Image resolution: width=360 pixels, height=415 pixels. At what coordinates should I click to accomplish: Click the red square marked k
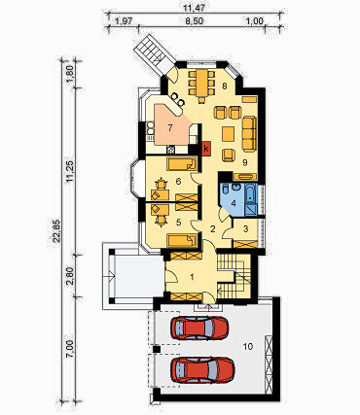pyautogui.click(x=206, y=149)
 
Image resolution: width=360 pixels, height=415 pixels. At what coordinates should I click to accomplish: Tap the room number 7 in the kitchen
pyautogui.click(x=170, y=128)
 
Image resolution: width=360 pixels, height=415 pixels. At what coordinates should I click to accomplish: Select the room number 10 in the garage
pyautogui.click(x=248, y=347)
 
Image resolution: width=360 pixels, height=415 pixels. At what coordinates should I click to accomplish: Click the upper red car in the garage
pyautogui.click(x=199, y=329)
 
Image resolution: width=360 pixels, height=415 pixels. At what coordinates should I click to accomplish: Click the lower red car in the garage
pyautogui.click(x=202, y=370)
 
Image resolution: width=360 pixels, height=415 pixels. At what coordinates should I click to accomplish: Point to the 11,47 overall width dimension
pyautogui.click(x=191, y=8)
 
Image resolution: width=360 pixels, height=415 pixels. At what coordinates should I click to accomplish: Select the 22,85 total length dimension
pyautogui.click(x=57, y=230)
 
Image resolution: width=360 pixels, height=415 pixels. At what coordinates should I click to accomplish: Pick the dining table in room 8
pyautogui.click(x=201, y=83)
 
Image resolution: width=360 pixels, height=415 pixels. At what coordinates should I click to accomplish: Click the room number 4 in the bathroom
pyautogui.click(x=234, y=204)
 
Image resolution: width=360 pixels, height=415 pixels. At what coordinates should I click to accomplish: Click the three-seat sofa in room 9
pyautogui.click(x=249, y=133)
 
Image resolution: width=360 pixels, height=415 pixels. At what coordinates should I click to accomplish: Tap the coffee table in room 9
pyautogui.click(x=229, y=134)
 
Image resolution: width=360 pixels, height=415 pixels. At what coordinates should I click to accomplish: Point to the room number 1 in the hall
pyautogui.click(x=192, y=277)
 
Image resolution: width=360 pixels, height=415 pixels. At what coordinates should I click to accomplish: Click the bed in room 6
pyautogui.click(x=182, y=164)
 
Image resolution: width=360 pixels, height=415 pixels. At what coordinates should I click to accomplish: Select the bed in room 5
pyautogui.click(x=182, y=241)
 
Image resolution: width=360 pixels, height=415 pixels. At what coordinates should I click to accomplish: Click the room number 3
pyautogui.click(x=245, y=228)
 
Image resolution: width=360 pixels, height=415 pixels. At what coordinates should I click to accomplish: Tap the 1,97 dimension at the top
pyautogui.click(x=124, y=21)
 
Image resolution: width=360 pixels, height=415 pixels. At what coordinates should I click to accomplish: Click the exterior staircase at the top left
pyautogui.click(x=152, y=52)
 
